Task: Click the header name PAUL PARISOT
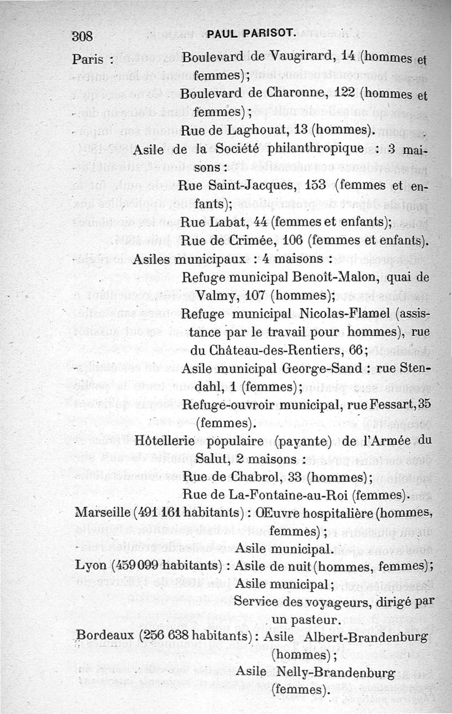point(252,36)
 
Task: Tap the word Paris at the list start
point(90,59)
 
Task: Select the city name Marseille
point(102,513)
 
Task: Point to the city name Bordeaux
point(106,636)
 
